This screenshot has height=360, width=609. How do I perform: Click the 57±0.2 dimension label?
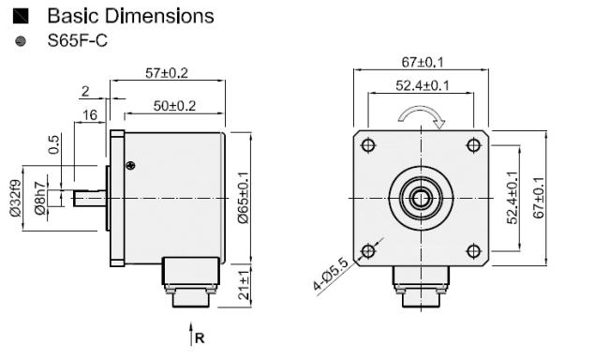click(167, 73)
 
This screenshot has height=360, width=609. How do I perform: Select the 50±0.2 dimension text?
click(174, 106)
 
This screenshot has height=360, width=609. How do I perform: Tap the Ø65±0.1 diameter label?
click(244, 198)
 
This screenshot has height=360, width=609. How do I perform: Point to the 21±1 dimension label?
click(244, 285)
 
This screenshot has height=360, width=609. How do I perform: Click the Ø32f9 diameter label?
click(16, 198)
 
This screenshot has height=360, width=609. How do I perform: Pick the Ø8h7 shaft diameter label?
click(39, 198)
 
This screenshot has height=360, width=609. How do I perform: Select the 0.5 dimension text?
click(54, 144)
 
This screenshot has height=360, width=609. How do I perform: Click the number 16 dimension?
click(90, 115)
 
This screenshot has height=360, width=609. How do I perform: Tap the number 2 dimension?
click(85, 91)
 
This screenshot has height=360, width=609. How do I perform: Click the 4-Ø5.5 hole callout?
click(331, 274)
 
